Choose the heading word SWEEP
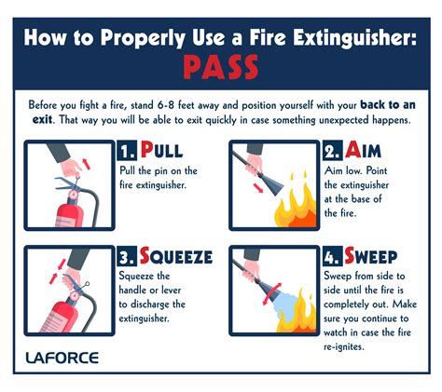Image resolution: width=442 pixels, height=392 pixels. [376, 256]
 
